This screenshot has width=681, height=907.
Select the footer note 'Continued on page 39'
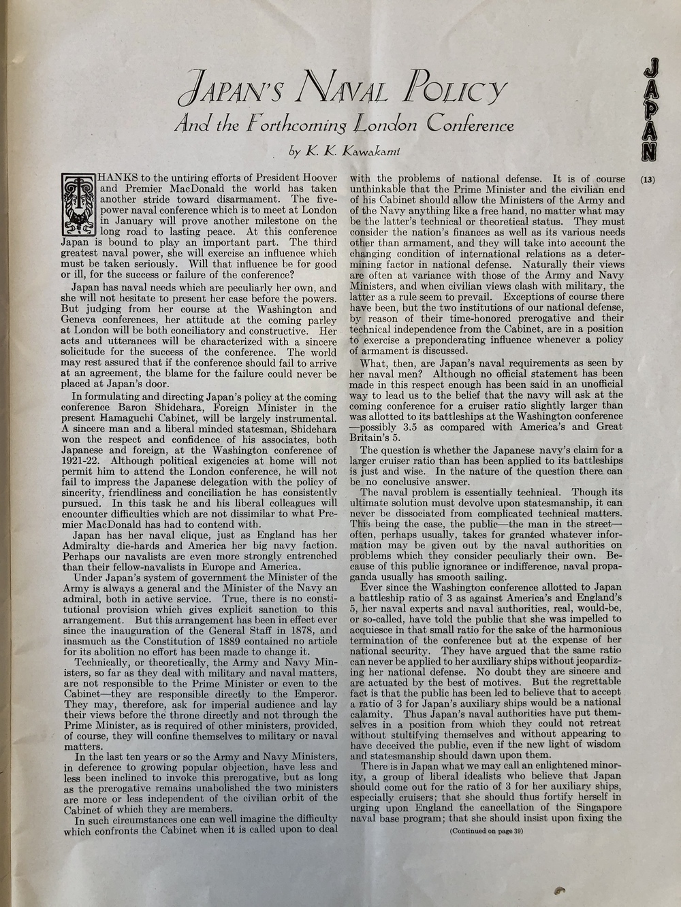pyautogui.click(x=486, y=831)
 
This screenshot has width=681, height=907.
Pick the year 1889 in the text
pyautogui.click(x=244, y=641)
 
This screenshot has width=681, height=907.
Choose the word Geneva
pyautogui.click(x=80, y=320)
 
